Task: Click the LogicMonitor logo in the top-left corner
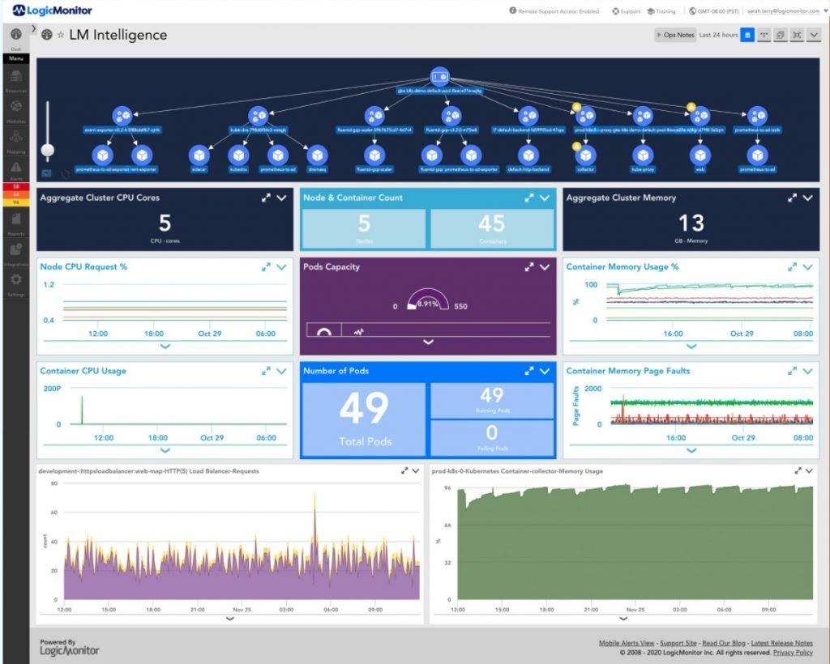pyautogui.click(x=52, y=11)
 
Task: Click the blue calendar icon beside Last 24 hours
pyautogui.click(x=747, y=35)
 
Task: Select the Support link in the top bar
pyautogui.click(x=627, y=11)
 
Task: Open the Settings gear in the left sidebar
pyautogui.click(x=15, y=280)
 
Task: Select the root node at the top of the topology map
pyautogui.click(x=439, y=77)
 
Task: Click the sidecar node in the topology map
pyautogui.click(x=199, y=154)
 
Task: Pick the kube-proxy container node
pyautogui.click(x=643, y=154)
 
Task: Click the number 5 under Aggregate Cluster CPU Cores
pyautogui.click(x=165, y=223)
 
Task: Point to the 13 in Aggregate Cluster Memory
pyautogui.click(x=691, y=223)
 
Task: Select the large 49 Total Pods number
pyautogui.click(x=363, y=410)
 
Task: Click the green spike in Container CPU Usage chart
pyautogui.click(x=81, y=410)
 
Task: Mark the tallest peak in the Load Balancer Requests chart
pyautogui.click(x=314, y=496)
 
